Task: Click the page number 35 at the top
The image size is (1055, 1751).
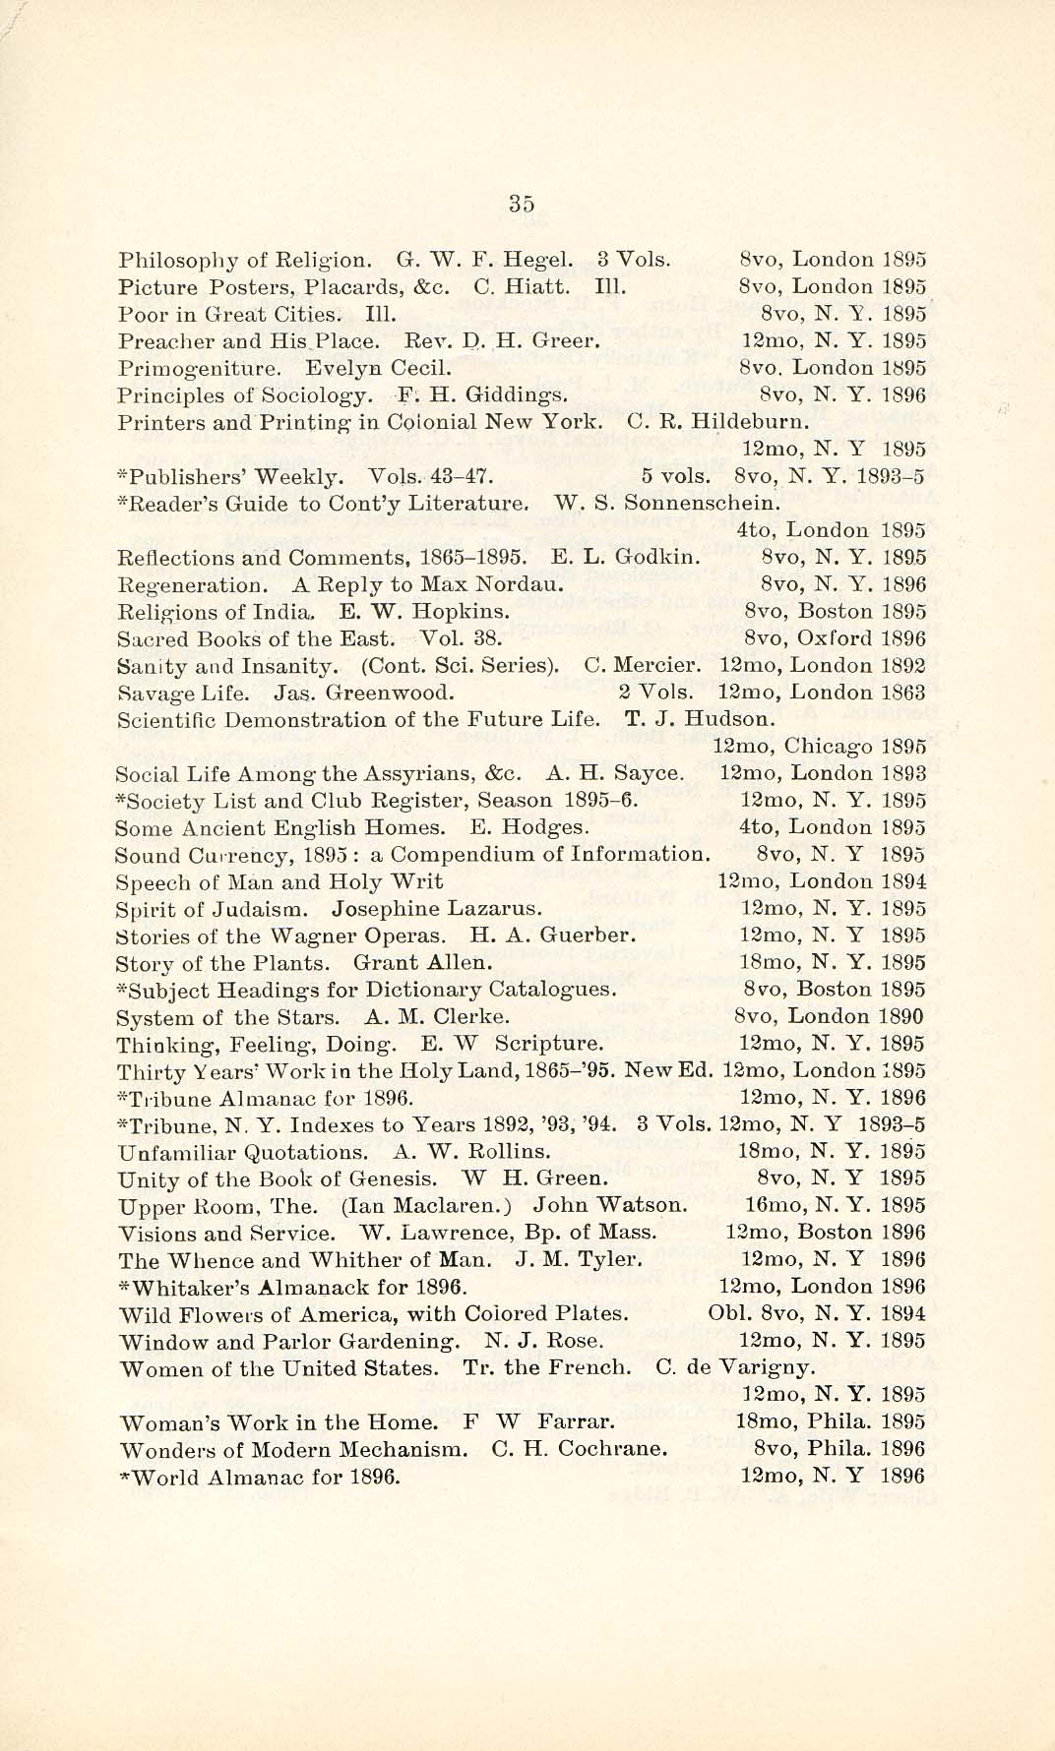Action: [x=522, y=204]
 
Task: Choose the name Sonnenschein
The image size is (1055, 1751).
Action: [x=703, y=504]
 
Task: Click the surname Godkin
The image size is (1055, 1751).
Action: [x=658, y=558]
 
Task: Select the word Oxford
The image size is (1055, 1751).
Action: [x=834, y=638]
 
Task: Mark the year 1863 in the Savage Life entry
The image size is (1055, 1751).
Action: [x=903, y=693]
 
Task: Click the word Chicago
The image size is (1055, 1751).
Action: [x=834, y=747]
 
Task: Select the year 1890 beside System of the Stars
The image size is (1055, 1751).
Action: [x=902, y=1016]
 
